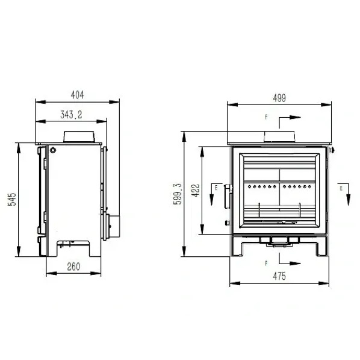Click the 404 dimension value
(77, 95)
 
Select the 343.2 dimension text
(71, 114)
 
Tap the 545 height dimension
(12, 199)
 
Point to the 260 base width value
(74, 267)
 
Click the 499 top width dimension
(279, 98)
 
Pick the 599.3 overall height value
(177, 194)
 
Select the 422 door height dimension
(196, 190)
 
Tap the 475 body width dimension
(279, 276)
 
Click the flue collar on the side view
(79, 137)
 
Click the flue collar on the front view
(279, 137)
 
